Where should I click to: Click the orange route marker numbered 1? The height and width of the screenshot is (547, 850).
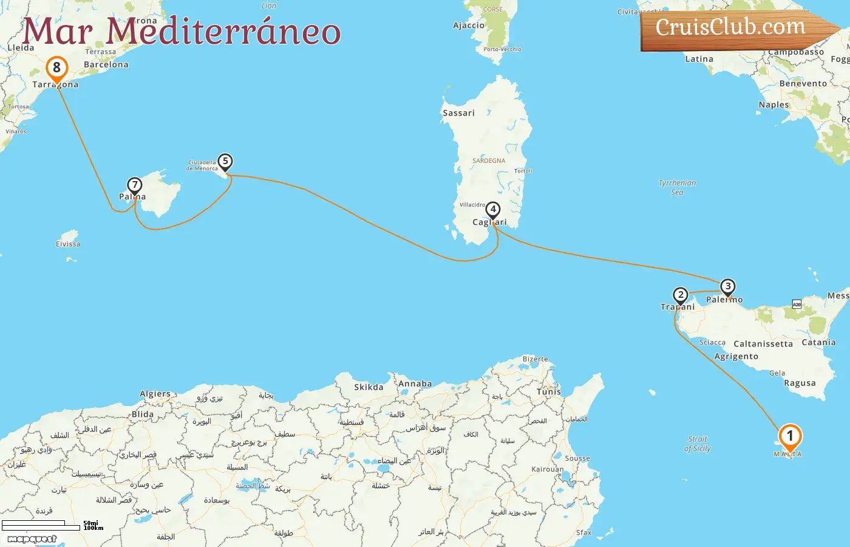790,436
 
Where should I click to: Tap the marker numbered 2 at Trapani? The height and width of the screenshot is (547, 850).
681,295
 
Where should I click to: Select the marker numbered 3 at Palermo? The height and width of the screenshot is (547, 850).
727,286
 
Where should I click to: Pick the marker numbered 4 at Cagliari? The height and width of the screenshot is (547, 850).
493,210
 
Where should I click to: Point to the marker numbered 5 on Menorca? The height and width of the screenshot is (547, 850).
225,161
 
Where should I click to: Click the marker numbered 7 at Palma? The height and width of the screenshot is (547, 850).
134,185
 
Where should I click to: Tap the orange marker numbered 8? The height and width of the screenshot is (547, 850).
56,67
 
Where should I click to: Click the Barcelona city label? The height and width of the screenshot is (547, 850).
106,64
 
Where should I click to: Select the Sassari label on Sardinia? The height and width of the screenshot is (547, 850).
458,113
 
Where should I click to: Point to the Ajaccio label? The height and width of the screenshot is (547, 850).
469,26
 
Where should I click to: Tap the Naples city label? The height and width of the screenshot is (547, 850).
773,105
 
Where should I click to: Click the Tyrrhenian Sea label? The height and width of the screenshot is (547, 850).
677,187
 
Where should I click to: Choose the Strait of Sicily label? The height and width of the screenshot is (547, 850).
698,444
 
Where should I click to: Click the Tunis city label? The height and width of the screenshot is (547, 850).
549,392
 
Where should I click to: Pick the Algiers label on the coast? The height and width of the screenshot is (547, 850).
155,394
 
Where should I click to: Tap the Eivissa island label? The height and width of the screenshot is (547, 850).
68,244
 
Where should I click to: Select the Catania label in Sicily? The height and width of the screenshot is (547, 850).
818,342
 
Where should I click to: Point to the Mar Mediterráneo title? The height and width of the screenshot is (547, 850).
181,32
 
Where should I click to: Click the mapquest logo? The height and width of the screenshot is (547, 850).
32,538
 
